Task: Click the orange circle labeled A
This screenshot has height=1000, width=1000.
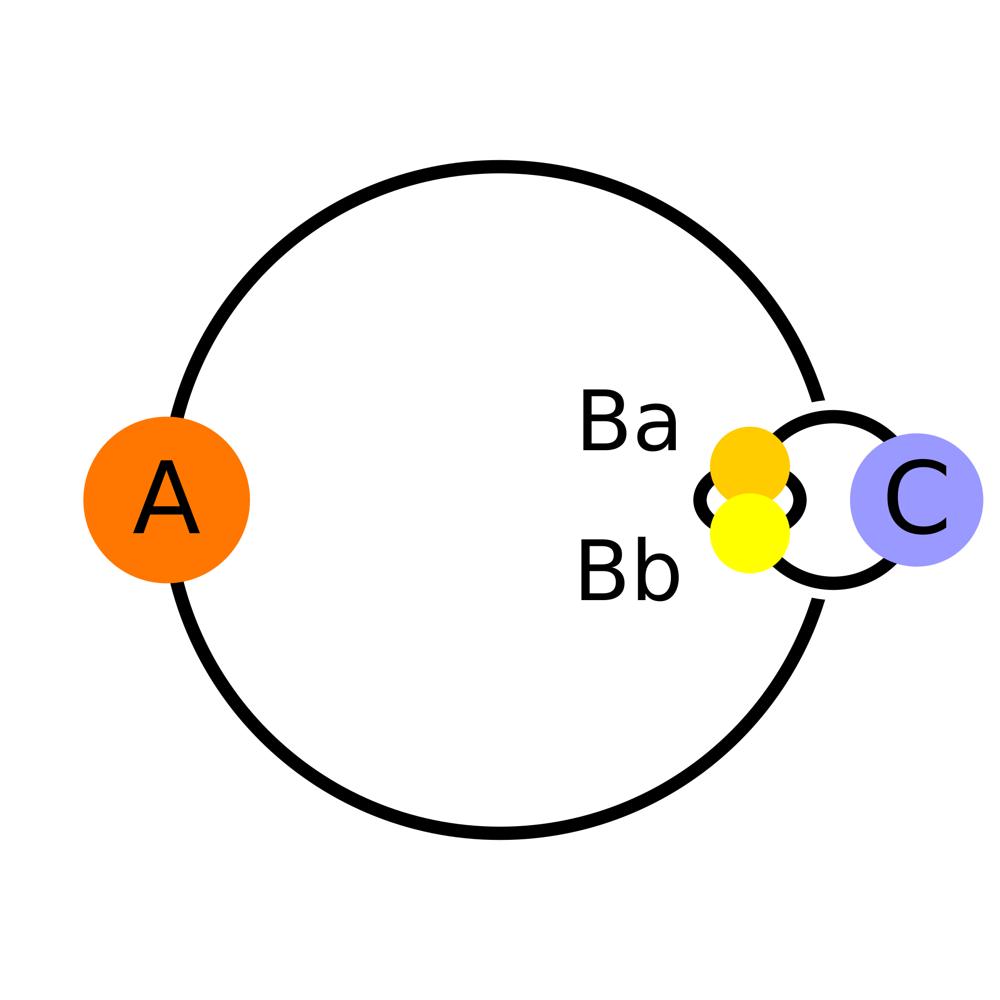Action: click(x=166, y=500)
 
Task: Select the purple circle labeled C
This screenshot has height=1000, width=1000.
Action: click(x=917, y=500)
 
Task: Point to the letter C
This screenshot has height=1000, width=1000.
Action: click(x=917, y=497)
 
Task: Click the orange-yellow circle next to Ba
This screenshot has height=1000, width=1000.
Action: click(x=750, y=466)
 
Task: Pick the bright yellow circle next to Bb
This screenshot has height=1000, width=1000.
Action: click(x=750, y=533)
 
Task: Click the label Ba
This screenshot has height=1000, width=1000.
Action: click(x=629, y=420)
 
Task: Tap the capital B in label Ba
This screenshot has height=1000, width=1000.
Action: click(x=604, y=420)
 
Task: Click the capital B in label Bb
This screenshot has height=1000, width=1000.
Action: click(x=603, y=570)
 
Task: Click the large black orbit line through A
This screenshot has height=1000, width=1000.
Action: click(x=500, y=167)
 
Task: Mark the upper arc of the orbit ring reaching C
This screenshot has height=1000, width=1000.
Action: click(x=833, y=417)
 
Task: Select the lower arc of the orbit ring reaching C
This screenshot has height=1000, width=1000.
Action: click(x=833, y=583)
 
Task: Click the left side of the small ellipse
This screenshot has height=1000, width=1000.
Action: click(x=700, y=500)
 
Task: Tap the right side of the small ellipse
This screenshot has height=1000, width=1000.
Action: click(x=800, y=500)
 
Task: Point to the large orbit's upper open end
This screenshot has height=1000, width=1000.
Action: click(x=818, y=400)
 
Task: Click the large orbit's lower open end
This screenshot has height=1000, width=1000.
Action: click(x=818, y=600)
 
